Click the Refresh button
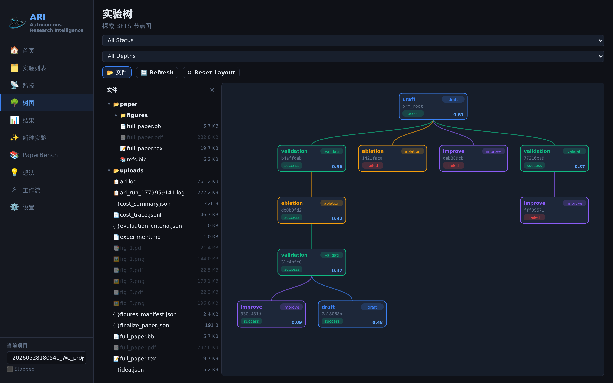[x=157, y=72]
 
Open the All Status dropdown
[x=353, y=40]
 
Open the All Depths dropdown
[x=353, y=56]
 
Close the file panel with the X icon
[x=212, y=90]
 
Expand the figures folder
[x=116, y=115]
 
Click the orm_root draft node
[x=433, y=106]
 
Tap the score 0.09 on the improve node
[x=297, y=322]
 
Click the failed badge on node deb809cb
[x=453, y=165]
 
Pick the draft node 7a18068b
[x=352, y=314]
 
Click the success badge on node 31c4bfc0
[x=292, y=269]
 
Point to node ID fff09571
[x=534, y=210]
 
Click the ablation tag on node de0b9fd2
[x=332, y=203]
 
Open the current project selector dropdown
[x=47, y=358]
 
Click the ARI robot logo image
[x=17, y=23]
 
